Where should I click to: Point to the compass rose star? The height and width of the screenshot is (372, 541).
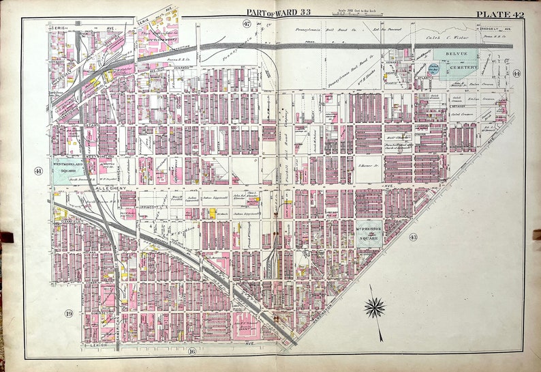pos(374,308)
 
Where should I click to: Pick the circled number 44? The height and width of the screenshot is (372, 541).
pos(516,73)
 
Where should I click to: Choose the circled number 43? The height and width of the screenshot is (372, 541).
pos(412,237)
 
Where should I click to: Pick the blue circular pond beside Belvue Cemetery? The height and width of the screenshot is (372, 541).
pos(434,68)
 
